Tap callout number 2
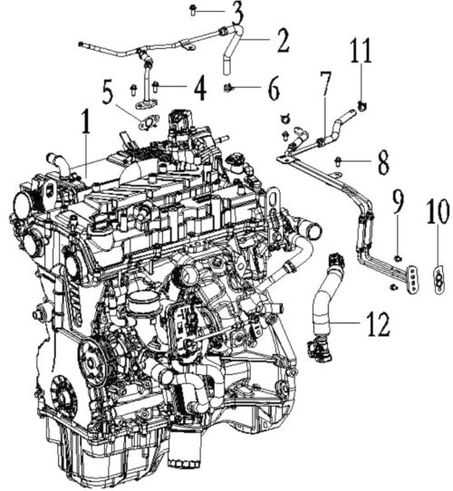pos(283,41)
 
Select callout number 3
pos(237,13)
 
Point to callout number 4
pos(200,88)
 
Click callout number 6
pos(274,89)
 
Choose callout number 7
pos(326,84)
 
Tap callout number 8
pos(383,162)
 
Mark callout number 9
pos(398,201)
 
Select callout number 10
pos(439,211)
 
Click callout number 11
pos(361,51)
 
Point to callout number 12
pos(378,324)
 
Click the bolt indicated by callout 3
pos(193,10)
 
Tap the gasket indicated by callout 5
pos(149,122)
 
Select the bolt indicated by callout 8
pos(338,161)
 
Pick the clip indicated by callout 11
pos(361,107)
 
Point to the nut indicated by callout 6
pos(228,88)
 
